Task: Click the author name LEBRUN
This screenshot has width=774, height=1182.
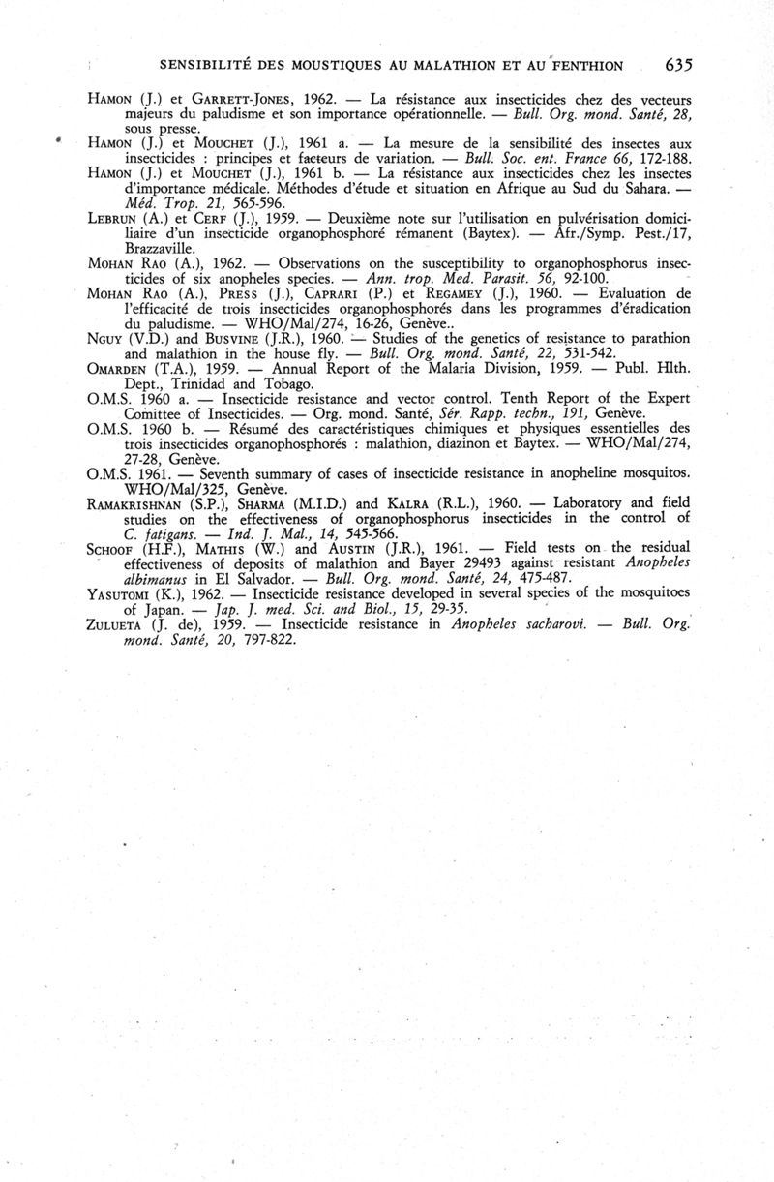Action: (118, 218)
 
